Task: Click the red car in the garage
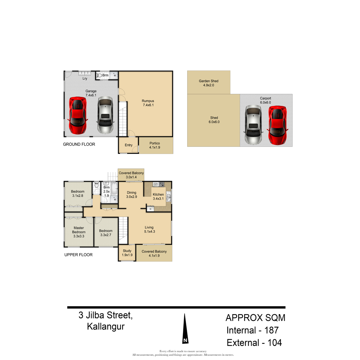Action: click(78, 115)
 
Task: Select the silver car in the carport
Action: click(253, 124)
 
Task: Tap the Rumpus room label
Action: click(148, 101)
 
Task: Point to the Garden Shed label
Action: click(208, 81)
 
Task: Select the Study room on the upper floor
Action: click(127, 253)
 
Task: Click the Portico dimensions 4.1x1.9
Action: click(154, 147)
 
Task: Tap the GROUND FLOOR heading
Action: click(79, 144)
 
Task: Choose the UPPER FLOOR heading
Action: click(79, 255)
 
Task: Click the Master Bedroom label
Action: click(79, 230)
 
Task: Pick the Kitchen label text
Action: click(158, 194)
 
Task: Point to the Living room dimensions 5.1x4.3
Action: click(149, 232)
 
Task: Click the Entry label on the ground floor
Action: click(128, 145)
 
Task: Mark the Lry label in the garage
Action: click(85, 79)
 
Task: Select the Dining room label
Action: click(131, 193)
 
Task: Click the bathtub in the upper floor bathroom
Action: click(114, 189)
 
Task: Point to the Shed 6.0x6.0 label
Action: click(214, 120)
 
